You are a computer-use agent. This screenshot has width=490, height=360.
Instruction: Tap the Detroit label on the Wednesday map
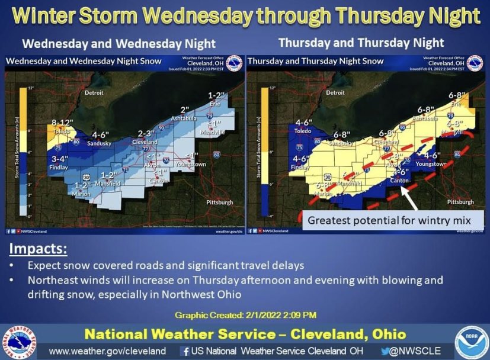pyautogui.click(x=94, y=93)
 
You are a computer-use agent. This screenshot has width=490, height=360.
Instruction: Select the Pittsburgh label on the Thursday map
pyautogui.click(x=460, y=202)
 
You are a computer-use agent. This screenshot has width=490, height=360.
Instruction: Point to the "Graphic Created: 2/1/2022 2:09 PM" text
pyautogui.click(x=245, y=314)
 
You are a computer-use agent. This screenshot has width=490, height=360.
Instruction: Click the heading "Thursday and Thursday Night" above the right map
pyautogui.click(x=361, y=43)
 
